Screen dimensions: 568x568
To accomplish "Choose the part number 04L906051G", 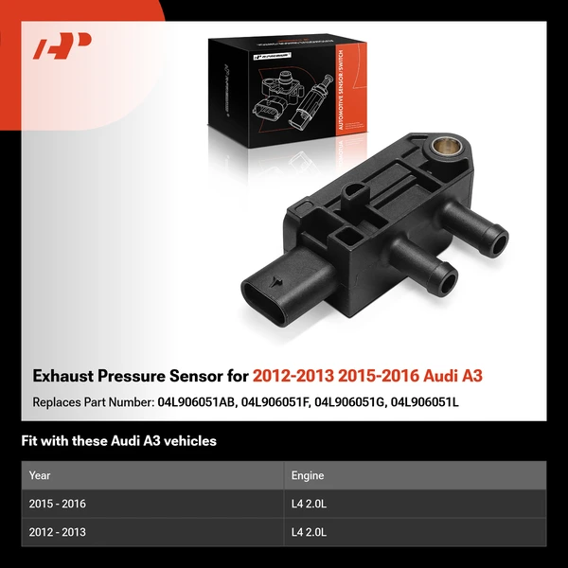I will tap(355, 402).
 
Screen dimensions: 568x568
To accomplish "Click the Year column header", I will tap(40, 475).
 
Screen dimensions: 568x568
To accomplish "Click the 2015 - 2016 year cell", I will tap(58, 504).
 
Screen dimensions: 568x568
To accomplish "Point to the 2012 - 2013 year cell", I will tap(58, 532).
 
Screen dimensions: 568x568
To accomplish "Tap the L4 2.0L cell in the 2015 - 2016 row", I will tap(310, 504).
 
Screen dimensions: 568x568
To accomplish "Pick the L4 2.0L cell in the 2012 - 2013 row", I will tap(310, 532).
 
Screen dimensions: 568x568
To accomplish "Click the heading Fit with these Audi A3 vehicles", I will tap(118, 441).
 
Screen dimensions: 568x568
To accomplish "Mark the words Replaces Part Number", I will tap(91, 402).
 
